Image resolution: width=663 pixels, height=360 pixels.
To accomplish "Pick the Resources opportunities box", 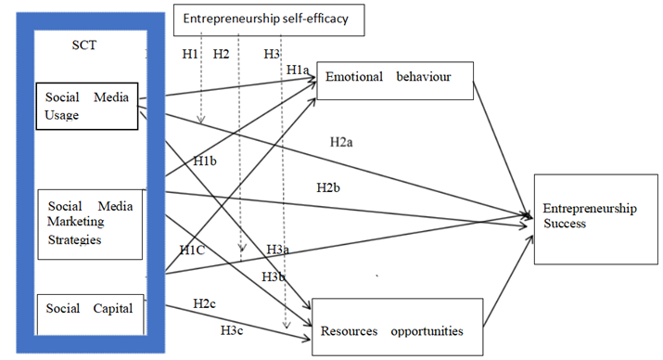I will click(398, 328).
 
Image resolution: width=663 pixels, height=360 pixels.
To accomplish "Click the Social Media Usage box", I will click(86, 107).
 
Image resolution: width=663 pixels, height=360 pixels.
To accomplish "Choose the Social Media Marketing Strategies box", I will click(90, 224).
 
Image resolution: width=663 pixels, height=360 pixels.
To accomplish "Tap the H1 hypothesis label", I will click(189, 54).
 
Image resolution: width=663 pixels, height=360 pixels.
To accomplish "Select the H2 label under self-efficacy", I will click(221, 54).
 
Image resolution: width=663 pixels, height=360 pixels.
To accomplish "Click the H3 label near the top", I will click(271, 54).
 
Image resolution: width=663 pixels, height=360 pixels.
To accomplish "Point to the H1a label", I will click(298, 71).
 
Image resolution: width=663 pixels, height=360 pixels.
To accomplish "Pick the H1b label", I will click(205, 161).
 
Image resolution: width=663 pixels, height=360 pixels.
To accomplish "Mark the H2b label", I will click(328, 187).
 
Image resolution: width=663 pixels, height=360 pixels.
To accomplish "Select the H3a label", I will click(277, 250).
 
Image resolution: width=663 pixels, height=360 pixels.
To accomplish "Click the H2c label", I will click(205, 303).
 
